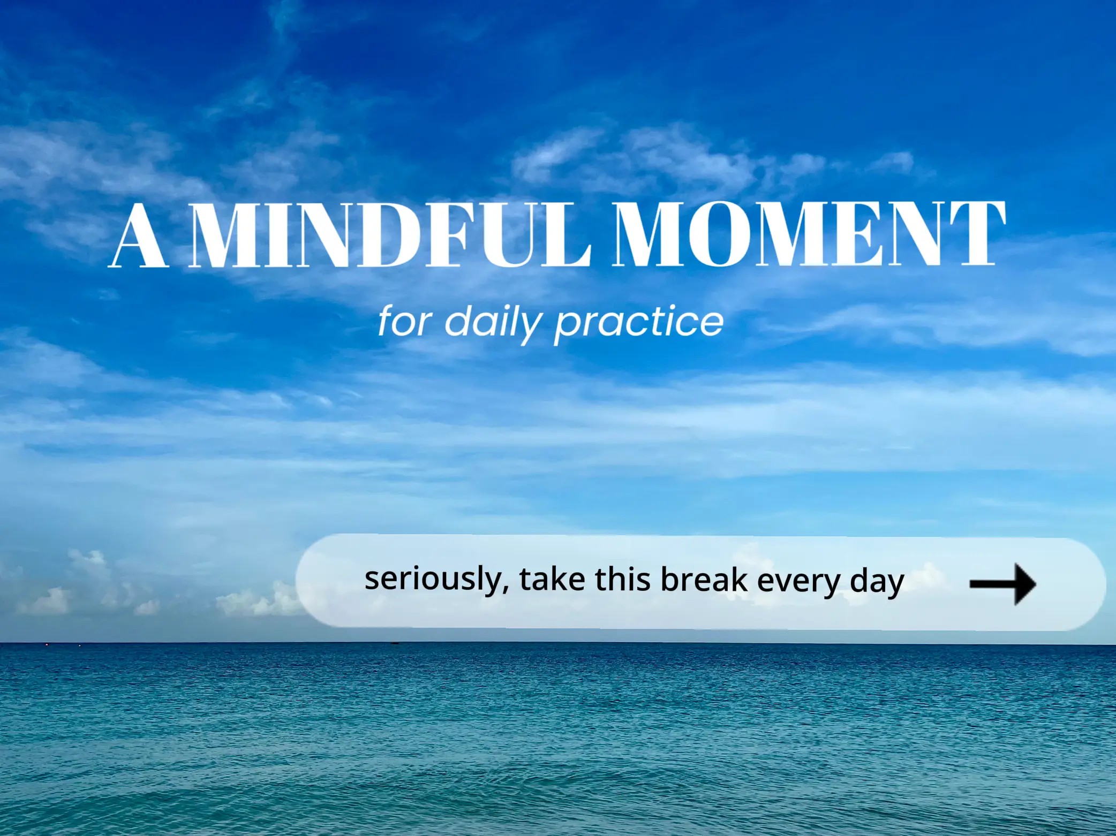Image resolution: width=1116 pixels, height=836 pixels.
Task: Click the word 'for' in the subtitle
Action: (x=404, y=321)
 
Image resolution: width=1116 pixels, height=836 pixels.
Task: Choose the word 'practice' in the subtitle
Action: (x=639, y=323)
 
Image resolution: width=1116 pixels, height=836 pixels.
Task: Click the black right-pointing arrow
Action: (x=1002, y=584)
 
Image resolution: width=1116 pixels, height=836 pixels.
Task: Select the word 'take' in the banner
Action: (x=552, y=580)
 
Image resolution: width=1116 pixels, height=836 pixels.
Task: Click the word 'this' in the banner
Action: (x=623, y=579)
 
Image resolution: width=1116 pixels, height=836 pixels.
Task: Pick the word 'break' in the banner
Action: (x=704, y=580)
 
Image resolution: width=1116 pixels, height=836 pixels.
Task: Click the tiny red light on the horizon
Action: (x=47, y=644)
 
